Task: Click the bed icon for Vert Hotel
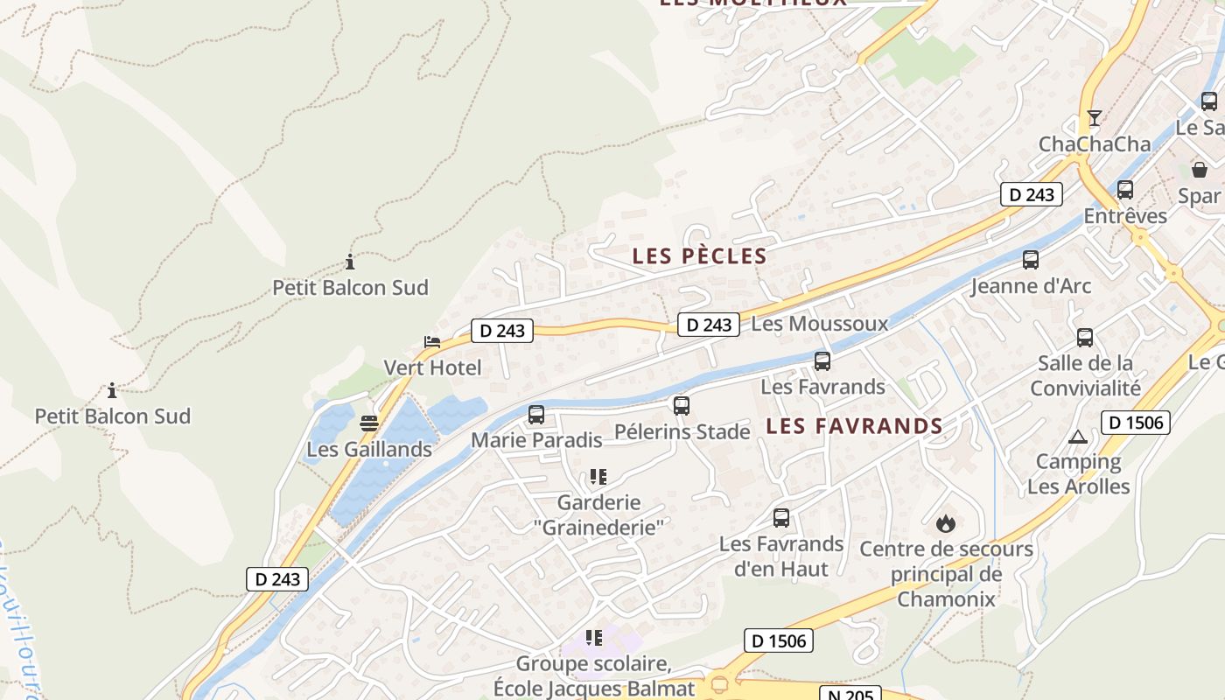point(432,341)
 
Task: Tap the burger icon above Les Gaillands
point(369,424)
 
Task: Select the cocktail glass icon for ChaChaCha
point(1094,117)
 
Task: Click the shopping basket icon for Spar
point(1200,169)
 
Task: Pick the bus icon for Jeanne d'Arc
point(1031,260)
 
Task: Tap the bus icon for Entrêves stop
point(1125,189)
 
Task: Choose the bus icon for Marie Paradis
point(536,415)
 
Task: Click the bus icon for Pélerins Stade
point(682,406)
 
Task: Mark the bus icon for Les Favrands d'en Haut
point(781,518)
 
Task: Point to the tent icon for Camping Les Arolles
point(1078,437)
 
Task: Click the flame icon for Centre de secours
point(945,524)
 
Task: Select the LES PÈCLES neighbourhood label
point(699,256)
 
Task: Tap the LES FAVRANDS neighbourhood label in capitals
point(854,426)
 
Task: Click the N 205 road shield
point(850,693)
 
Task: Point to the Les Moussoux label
point(819,324)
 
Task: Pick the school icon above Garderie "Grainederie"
point(598,477)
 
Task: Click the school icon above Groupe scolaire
point(594,638)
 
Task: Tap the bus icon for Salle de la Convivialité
point(1085,337)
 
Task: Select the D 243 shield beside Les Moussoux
point(709,325)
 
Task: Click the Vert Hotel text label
point(432,367)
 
